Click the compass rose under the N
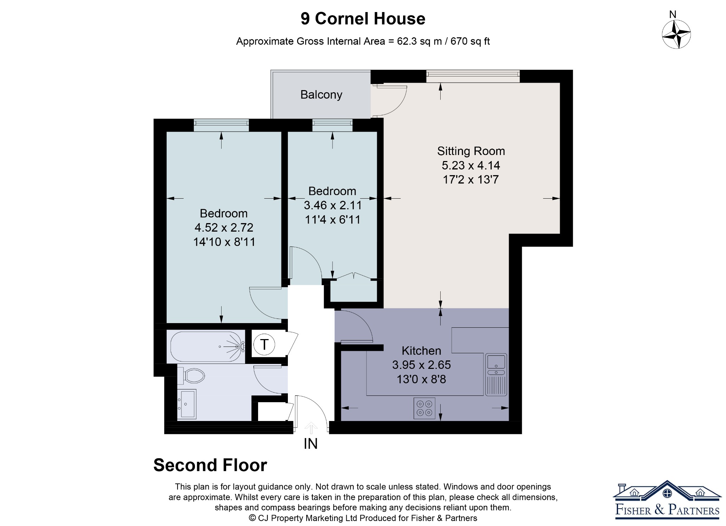pyautogui.click(x=676, y=34)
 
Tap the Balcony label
pyautogui.click(x=321, y=95)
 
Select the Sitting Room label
pyautogui.click(x=471, y=151)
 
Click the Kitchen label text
pyautogui.click(x=421, y=350)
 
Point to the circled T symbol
pyautogui.click(x=264, y=344)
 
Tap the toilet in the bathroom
pyautogui.click(x=191, y=376)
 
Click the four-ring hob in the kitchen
pyautogui.click(x=424, y=408)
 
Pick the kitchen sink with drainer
pyautogui.click(x=496, y=375)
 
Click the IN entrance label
pyautogui.click(x=311, y=444)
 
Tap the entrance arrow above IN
pyautogui.click(x=311, y=428)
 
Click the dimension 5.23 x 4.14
pyautogui.click(x=471, y=165)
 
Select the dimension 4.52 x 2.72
pyautogui.click(x=224, y=227)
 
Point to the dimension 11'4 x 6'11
pyautogui.click(x=333, y=220)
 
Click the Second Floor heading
pyautogui.click(x=210, y=465)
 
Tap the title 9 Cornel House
pyautogui.click(x=363, y=18)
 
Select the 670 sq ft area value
pyautogui.click(x=470, y=41)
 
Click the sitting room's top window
pyautogui.click(x=473, y=76)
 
